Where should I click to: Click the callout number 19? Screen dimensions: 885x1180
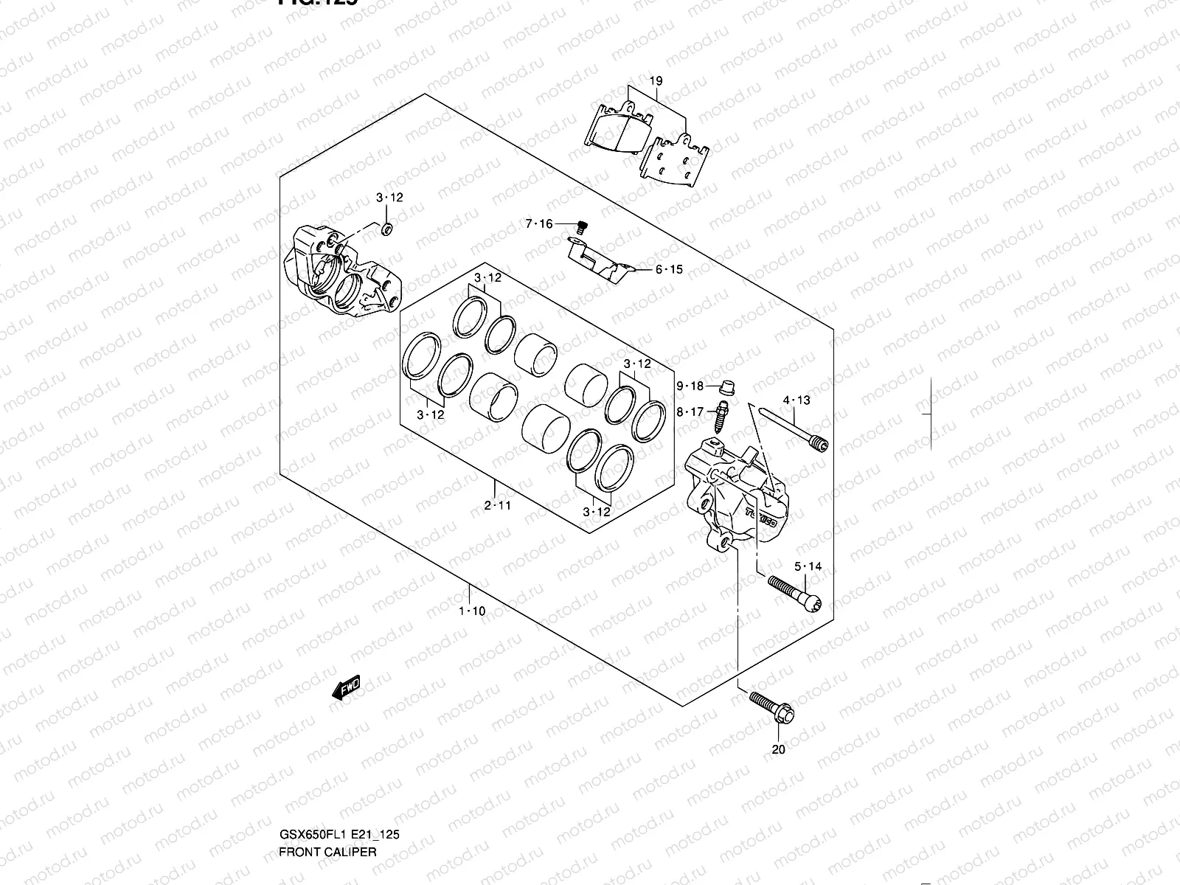point(656,81)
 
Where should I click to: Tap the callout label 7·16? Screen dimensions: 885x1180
point(538,224)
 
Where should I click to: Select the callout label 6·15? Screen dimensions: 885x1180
point(669,270)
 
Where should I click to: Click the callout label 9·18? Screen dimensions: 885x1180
point(690,386)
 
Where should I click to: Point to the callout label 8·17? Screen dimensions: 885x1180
point(690,412)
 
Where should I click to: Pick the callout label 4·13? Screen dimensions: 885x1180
point(796,400)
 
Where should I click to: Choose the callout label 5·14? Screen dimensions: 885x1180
point(808,566)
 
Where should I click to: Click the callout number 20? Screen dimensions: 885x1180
point(779,750)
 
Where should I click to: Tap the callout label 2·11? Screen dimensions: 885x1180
point(497,505)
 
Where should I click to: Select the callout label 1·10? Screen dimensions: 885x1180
point(472,611)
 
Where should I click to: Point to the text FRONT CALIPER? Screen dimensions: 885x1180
point(327,852)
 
